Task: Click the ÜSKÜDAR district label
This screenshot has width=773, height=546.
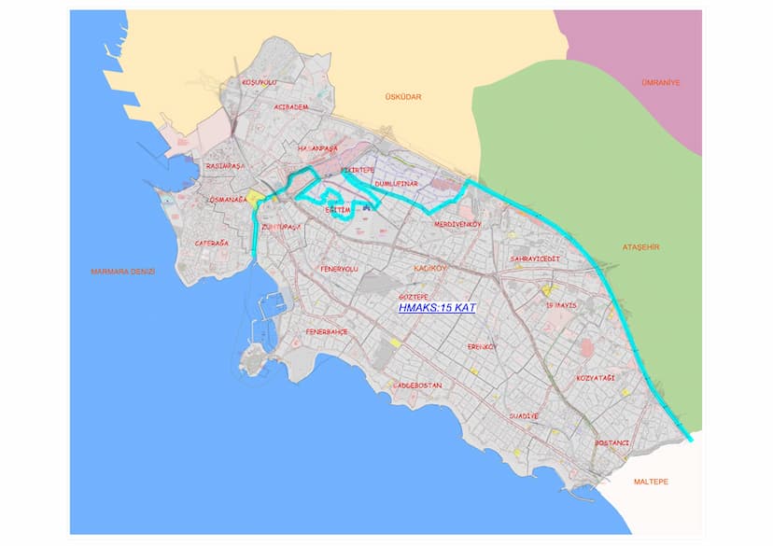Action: (x=403, y=97)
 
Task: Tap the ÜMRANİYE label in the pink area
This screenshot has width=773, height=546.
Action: (x=660, y=82)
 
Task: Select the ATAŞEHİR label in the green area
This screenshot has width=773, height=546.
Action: (x=640, y=246)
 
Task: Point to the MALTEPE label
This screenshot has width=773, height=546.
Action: (x=653, y=481)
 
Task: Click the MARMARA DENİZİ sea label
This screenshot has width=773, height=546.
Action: (x=122, y=272)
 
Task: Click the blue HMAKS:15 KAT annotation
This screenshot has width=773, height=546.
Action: (x=437, y=306)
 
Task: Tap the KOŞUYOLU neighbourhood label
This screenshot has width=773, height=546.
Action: (x=260, y=82)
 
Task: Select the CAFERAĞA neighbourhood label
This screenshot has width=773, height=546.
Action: (x=212, y=243)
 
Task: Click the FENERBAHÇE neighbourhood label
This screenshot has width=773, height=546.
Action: (x=327, y=331)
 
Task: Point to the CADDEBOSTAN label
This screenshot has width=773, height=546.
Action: (x=417, y=385)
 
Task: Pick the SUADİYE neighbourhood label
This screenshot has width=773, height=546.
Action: (x=524, y=415)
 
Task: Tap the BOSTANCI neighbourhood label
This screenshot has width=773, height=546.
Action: (x=612, y=442)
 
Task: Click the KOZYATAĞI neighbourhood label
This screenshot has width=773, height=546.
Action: (x=595, y=377)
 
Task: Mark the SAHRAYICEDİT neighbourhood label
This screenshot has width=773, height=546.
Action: (x=534, y=258)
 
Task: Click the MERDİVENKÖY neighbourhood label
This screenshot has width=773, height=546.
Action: (x=456, y=224)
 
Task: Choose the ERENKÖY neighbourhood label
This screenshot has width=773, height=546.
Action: (x=484, y=346)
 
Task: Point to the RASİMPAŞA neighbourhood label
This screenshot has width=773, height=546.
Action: (x=225, y=166)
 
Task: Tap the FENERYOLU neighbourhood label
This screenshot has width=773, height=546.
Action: (x=339, y=269)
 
